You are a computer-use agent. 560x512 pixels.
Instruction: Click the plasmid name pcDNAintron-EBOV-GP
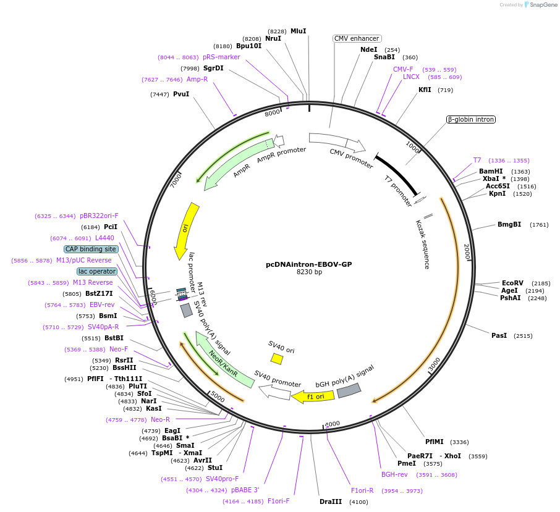click(308, 264)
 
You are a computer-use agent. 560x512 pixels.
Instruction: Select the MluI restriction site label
click(298, 31)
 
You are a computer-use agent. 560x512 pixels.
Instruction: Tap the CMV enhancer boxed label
click(357, 38)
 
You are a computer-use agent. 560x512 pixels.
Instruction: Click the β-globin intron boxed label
click(471, 119)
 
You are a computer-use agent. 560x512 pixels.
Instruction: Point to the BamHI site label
click(491, 171)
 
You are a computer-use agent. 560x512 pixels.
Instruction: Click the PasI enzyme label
click(499, 335)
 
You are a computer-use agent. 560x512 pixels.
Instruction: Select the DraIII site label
click(331, 502)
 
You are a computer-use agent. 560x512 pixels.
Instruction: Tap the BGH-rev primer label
click(394, 474)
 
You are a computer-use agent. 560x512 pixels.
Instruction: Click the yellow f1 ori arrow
click(313, 396)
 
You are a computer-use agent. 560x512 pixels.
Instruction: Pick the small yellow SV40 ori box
click(277, 359)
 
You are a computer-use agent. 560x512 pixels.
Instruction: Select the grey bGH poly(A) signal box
click(349, 390)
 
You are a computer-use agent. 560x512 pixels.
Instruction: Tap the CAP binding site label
click(90, 249)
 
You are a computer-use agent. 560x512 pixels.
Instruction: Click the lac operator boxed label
click(96, 271)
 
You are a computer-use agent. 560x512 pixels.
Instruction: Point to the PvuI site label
click(181, 94)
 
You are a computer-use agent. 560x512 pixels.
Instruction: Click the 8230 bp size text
click(309, 272)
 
